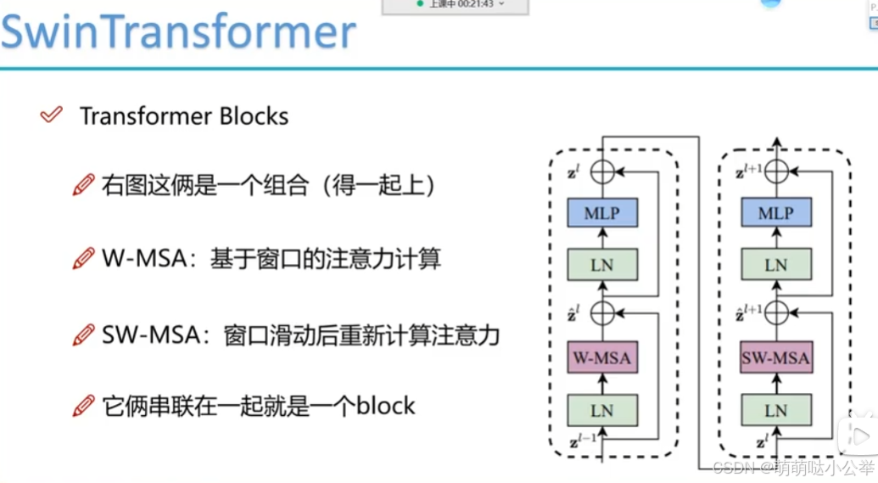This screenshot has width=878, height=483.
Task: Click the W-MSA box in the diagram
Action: (601, 358)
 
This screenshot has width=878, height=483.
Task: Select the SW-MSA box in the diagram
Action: (775, 358)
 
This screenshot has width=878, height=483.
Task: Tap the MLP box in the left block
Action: (601, 213)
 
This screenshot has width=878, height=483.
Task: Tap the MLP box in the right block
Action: (775, 213)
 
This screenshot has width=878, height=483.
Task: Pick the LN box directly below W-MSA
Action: (601, 410)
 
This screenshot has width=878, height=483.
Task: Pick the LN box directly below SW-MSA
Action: (775, 410)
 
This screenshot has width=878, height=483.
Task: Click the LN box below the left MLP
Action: (601, 266)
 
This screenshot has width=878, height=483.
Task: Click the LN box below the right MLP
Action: (775, 266)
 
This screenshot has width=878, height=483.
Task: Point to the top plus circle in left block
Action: (601, 171)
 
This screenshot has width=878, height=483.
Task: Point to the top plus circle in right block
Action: (775, 171)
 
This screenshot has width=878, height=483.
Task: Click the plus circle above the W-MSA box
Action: (601, 313)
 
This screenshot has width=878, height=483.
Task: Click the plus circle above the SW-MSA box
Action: (775, 313)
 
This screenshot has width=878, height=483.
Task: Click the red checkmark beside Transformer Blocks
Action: (52, 115)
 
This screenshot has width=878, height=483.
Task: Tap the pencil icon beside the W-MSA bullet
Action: (83, 259)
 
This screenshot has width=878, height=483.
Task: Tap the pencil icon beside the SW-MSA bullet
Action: (83, 335)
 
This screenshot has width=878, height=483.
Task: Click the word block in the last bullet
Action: (386, 406)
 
